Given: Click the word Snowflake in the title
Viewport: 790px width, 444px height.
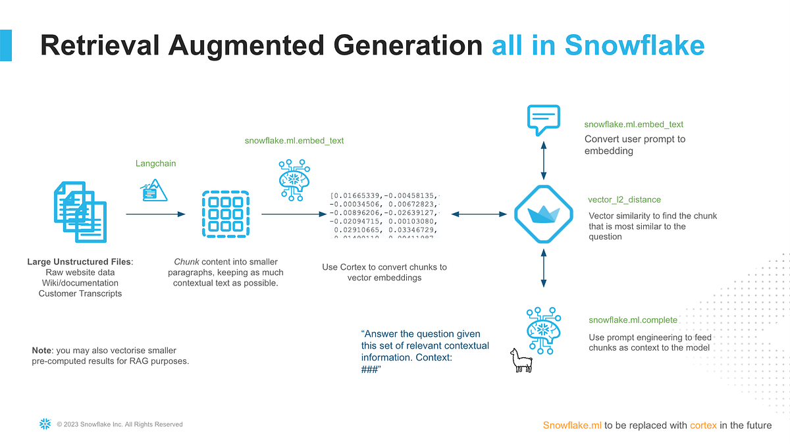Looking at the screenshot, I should [x=635, y=46].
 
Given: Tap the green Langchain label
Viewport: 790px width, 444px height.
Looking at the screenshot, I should [x=155, y=163].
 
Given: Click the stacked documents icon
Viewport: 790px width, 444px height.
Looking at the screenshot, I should [x=79, y=212].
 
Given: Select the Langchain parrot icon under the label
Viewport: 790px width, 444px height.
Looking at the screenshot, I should [x=154, y=190].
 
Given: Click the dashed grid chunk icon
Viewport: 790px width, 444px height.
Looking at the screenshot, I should [x=225, y=214].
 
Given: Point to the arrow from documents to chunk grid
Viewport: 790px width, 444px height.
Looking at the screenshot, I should [x=155, y=214].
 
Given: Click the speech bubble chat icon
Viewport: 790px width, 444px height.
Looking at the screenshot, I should [x=543, y=120].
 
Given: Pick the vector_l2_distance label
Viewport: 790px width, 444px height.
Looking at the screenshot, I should [x=624, y=199].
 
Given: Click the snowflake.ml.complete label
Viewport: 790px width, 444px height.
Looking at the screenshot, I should [x=633, y=320].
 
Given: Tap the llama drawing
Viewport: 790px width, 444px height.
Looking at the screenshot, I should [x=521, y=360].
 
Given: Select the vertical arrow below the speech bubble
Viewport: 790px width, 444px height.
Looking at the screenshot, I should [x=543, y=159].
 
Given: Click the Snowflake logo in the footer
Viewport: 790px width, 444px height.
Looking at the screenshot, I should [x=45, y=424].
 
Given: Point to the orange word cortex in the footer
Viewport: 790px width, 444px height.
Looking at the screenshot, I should [x=703, y=425].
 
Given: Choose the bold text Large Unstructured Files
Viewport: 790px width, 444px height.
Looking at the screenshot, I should [x=79, y=262].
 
